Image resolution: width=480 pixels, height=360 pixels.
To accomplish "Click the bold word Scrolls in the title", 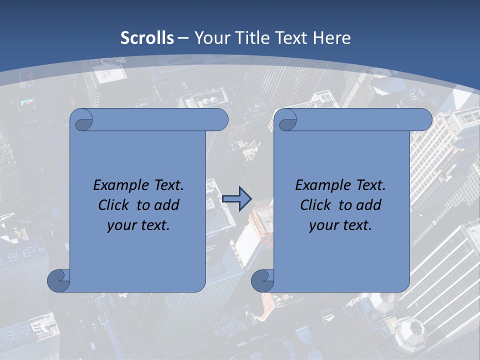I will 147,37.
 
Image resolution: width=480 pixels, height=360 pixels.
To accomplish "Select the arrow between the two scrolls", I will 236,199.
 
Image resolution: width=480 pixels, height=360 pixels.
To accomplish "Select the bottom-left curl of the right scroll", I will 263,280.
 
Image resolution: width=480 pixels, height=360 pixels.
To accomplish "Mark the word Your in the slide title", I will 210,37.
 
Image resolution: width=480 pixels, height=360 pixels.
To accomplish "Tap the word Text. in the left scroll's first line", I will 165,185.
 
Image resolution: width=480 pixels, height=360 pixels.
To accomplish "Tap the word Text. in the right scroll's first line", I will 367,185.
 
